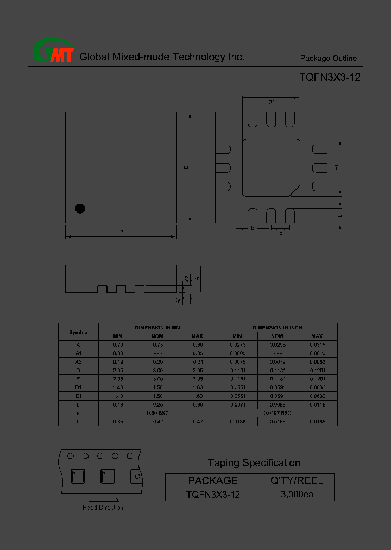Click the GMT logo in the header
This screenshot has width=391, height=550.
53,52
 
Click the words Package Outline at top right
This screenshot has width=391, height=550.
328,59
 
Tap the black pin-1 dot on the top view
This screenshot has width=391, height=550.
80,208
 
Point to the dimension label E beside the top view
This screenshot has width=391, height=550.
185,167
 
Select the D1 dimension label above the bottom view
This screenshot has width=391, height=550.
271,102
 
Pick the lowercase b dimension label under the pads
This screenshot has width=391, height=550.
253,228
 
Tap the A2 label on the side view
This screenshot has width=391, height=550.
186,278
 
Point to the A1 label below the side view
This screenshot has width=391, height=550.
178,299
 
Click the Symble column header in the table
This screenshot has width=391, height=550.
78,332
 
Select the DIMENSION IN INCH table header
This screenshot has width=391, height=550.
277,328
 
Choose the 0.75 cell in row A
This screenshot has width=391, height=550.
158,345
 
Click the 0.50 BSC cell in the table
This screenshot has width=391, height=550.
158,413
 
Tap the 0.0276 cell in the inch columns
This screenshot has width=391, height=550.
238,345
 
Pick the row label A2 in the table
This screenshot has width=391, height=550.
78,362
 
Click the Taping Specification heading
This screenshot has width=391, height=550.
254,463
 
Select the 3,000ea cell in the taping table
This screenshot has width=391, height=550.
297,495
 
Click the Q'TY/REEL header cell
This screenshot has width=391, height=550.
297,480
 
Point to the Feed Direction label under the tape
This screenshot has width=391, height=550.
103,508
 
